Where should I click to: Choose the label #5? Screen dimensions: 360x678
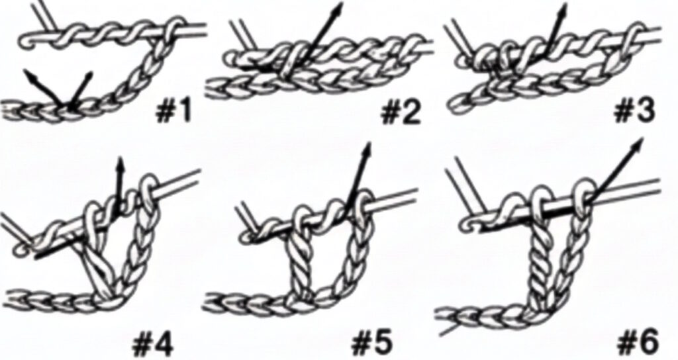[372, 343]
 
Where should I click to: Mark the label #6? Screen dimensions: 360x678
[640, 343]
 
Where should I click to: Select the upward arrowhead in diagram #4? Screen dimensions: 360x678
[121, 162]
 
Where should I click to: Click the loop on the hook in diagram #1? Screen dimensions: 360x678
[173, 28]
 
